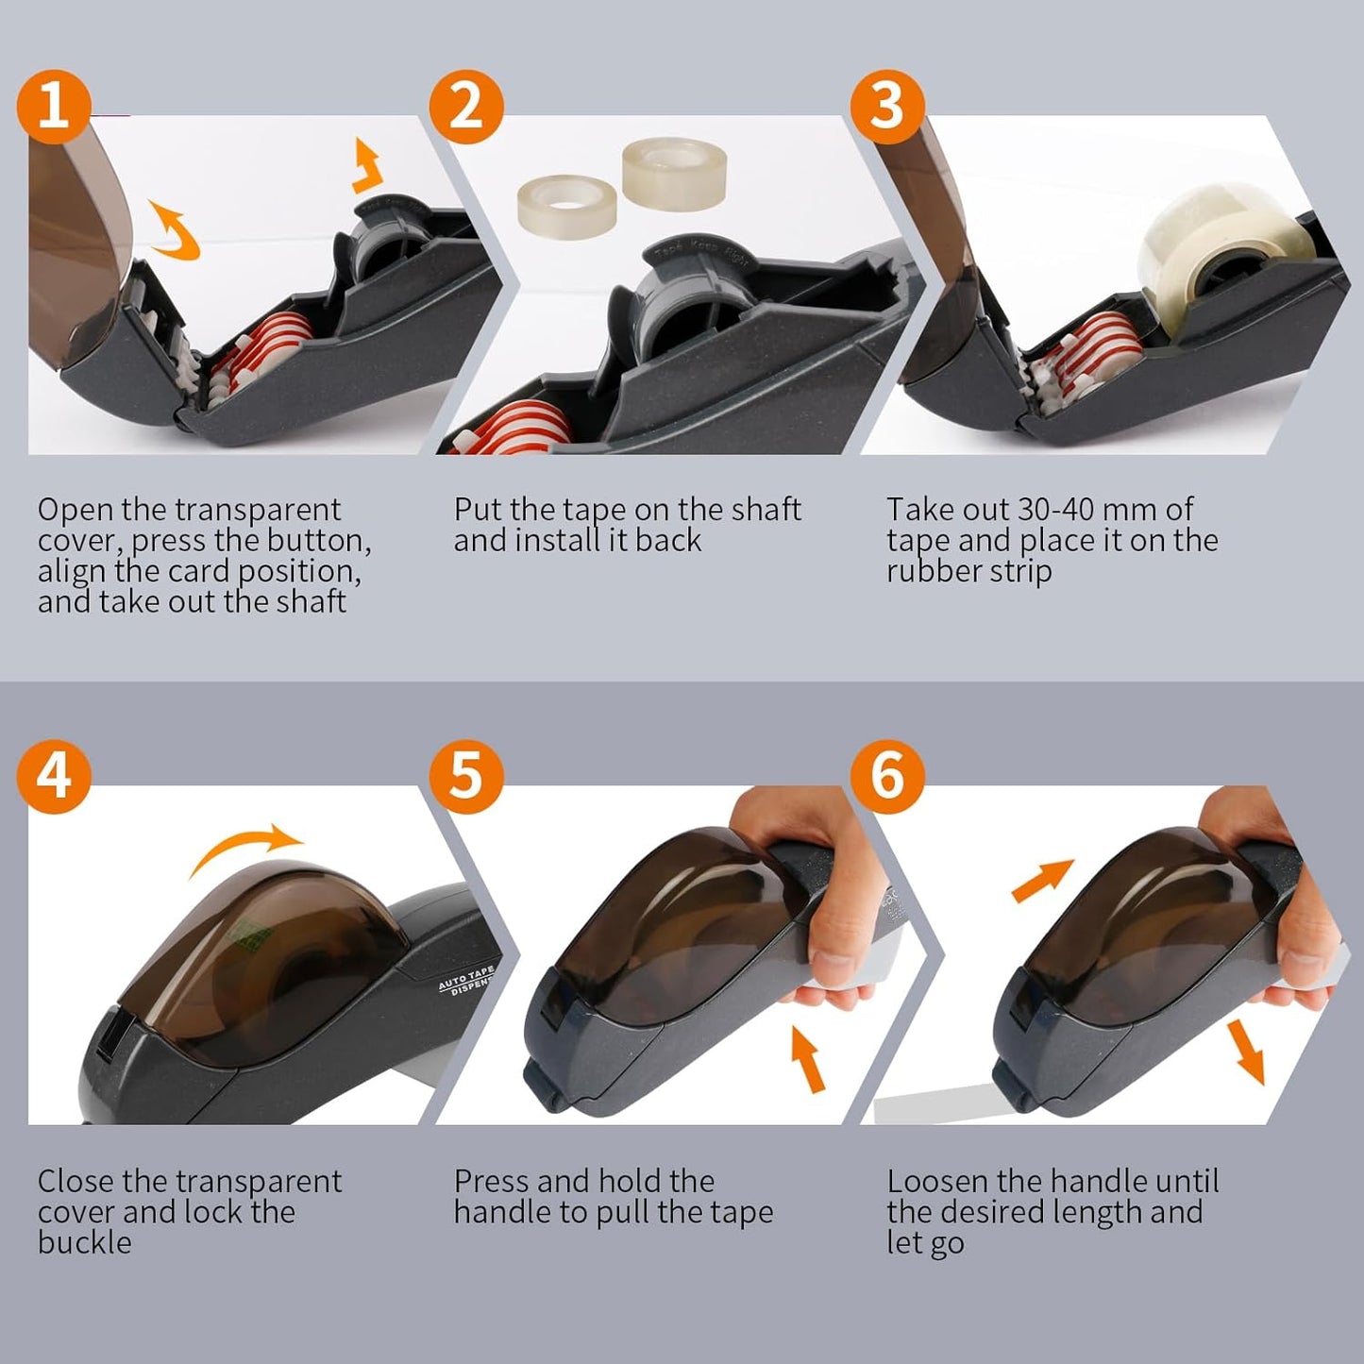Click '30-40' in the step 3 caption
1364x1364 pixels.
[1055, 510]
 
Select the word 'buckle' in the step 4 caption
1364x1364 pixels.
[85, 1242]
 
